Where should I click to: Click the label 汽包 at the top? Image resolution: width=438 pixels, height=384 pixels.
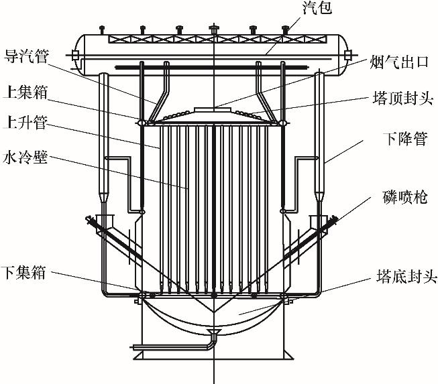click(317, 7)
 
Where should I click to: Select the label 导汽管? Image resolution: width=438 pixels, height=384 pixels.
click(27, 56)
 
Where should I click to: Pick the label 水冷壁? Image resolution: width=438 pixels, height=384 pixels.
click(25, 157)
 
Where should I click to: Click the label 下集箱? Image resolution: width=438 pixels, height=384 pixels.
click(23, 272)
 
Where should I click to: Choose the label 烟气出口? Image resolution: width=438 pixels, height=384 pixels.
click(399, 62)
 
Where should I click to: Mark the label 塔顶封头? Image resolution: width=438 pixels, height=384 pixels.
click(403, 99)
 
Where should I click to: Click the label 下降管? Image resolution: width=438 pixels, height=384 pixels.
click(405, 139)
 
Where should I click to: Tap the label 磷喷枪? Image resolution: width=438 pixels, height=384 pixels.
click(405, 196)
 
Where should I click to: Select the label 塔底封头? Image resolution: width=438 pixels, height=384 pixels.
click(406, 276)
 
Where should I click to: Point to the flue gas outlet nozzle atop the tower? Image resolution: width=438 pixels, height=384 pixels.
click(214, 110)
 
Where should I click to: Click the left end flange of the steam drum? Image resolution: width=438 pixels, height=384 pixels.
click(75, 55)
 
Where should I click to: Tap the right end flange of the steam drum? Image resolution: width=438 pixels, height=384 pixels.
click(347, 55)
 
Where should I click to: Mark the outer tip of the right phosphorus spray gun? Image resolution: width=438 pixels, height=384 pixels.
click(337, 218)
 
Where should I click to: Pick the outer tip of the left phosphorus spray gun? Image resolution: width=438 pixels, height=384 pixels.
click(87, 218)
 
